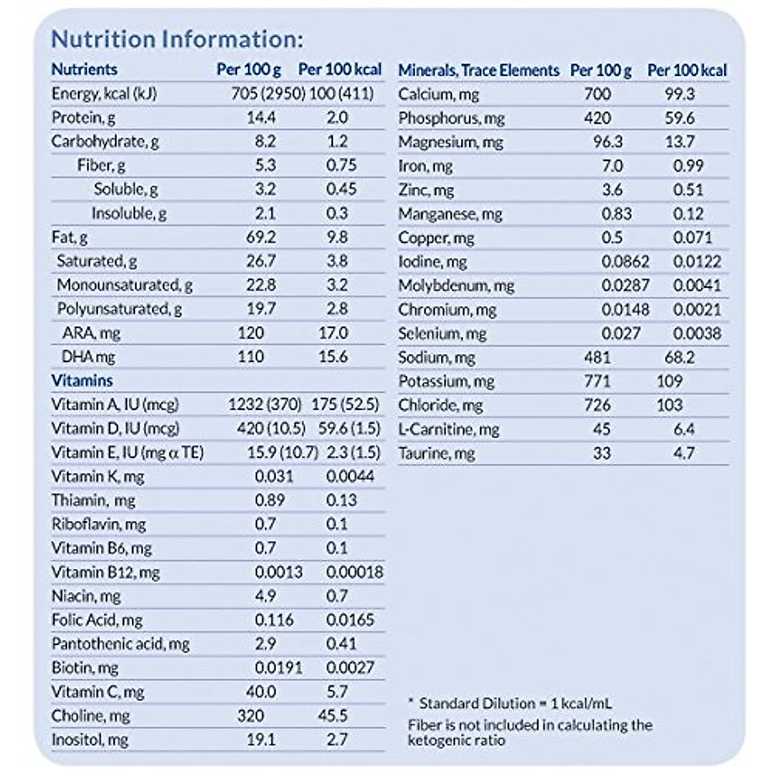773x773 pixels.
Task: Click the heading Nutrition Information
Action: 177,39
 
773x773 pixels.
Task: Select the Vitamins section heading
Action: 82,381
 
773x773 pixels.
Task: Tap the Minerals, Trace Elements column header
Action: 479,70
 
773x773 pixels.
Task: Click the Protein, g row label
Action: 84,117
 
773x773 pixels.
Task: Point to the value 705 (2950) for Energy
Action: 268,93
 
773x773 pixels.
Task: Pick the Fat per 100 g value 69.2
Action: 261,237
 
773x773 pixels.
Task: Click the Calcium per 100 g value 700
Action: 597,94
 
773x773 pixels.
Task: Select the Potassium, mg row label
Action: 446,381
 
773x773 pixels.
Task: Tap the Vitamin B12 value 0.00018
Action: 354,572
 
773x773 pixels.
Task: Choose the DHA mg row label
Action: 88,357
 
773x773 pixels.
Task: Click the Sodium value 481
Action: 597,358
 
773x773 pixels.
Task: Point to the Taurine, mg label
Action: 436,453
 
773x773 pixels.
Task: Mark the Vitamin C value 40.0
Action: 261,692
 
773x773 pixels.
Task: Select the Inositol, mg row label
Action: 90,740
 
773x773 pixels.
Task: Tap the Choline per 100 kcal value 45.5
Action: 332,716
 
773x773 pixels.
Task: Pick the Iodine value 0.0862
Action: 625,262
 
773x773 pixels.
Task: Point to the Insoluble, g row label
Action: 129,213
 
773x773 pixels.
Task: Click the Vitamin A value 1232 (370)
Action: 265,405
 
